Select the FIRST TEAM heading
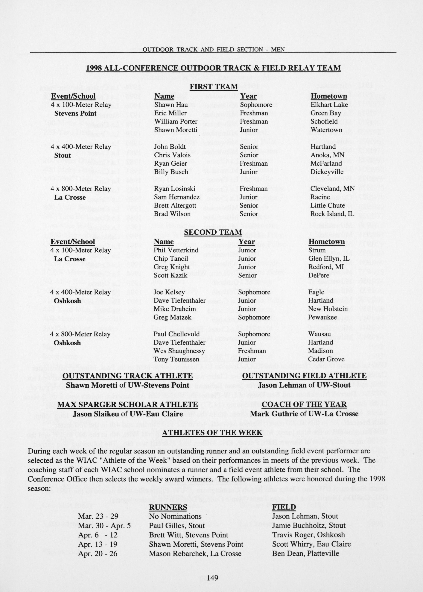click(x=214, y=86)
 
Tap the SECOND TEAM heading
click(x=213, y=232)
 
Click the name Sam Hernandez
click(x=177, y=197)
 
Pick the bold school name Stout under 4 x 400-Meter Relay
click(x=63, y=155)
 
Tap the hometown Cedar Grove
click(x=326, y=359)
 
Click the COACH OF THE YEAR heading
click(x=304, y=404)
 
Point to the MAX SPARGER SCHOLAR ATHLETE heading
click(x=127, y=404)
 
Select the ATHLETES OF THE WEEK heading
click(x=212, y=433)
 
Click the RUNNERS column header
click(x=168, y=507)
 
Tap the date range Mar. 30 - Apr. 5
click(x=104, y=526)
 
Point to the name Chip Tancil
click(x=171, y=259)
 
